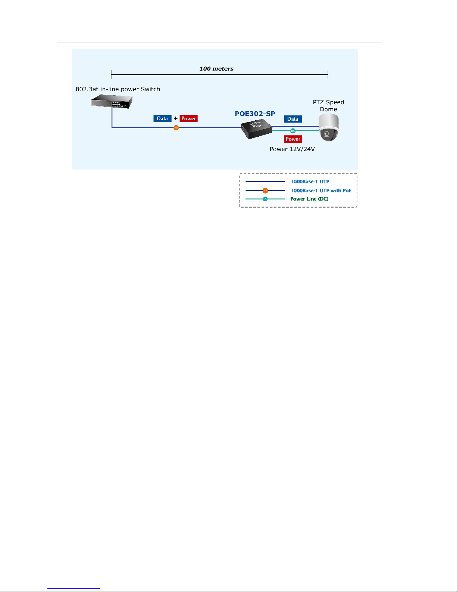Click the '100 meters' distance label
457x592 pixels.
pos(216,69)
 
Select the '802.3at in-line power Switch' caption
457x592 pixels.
pos(118,89)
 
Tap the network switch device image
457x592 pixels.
pos(112,101)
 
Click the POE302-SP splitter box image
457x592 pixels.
pos(257,129)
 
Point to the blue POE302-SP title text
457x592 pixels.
pos(255,114)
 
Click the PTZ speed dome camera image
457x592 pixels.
pos(329,127)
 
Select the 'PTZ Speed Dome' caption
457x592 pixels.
pos(328,106)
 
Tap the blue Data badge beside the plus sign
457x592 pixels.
pos(162,119)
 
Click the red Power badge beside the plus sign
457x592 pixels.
pos(188,119)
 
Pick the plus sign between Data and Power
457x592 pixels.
pos(176,119)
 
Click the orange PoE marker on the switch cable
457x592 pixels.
pos(176,128)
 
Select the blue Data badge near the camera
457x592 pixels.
pos(293,119)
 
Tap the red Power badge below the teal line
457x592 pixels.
pos(293,139)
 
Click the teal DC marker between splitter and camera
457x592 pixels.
pos(293,131)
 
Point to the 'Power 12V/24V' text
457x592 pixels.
pos(292,149)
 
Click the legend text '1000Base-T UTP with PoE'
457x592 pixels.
pos(321,191)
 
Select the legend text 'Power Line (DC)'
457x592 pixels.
pos(309,199)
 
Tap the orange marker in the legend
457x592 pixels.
pos(265,190)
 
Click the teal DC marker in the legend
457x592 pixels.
pos(265,199)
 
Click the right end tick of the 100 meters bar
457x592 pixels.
pos(328,75)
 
